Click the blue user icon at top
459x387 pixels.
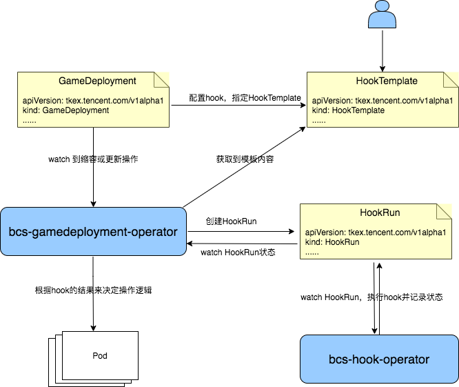click(382, 14)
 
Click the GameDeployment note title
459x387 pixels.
click(97, 81)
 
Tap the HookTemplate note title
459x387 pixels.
click(387, 81)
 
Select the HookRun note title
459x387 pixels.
click(380, 212)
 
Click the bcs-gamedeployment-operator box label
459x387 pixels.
click(93, 232)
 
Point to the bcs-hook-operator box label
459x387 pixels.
click(379, 359)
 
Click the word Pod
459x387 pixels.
click(100, 356)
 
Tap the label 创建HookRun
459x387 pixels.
click(231, 221)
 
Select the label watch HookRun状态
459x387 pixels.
click(238, 252)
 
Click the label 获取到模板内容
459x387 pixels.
click(245, 159)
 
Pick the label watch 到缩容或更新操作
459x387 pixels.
click(93, 159)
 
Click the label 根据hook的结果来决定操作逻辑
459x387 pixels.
click(93, 290)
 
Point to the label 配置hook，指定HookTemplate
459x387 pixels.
click(245, 98)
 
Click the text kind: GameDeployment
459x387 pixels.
click(66, 110)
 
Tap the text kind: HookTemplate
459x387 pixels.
click(348, 110)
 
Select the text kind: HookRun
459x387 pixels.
click(332, 242)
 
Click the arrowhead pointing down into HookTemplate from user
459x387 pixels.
click(382, 69)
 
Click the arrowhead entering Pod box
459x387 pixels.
click(93, 328)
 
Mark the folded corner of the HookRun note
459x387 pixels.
click(444, 212)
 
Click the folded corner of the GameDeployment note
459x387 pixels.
click(161, 80)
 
